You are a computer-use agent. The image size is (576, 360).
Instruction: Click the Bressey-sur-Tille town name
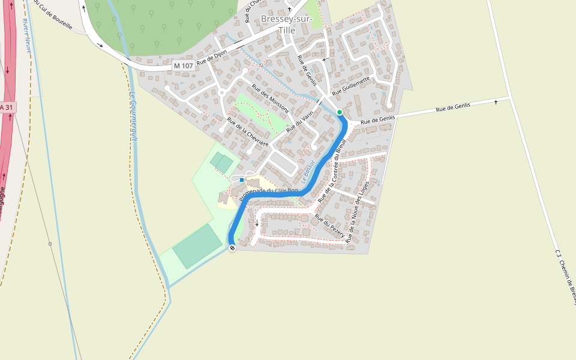tap(287, 25)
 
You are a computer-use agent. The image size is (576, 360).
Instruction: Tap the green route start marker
tap(340, 112)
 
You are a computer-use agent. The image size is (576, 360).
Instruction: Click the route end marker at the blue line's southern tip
tap(232, 248)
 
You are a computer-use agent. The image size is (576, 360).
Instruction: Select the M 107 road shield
tap(184, 65)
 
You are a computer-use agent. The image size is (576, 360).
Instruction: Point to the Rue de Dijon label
tap(212, 58)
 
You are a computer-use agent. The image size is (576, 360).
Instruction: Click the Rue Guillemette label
tap(351, 85)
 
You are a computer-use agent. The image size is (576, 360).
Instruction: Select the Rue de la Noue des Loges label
tap(362, 211)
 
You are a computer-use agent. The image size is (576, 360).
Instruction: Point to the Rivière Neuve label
tap(26, 36)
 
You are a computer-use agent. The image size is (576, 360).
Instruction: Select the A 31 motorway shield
tap(6, 107)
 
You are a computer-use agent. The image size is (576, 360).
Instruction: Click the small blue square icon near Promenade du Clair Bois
tap(242, 179)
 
